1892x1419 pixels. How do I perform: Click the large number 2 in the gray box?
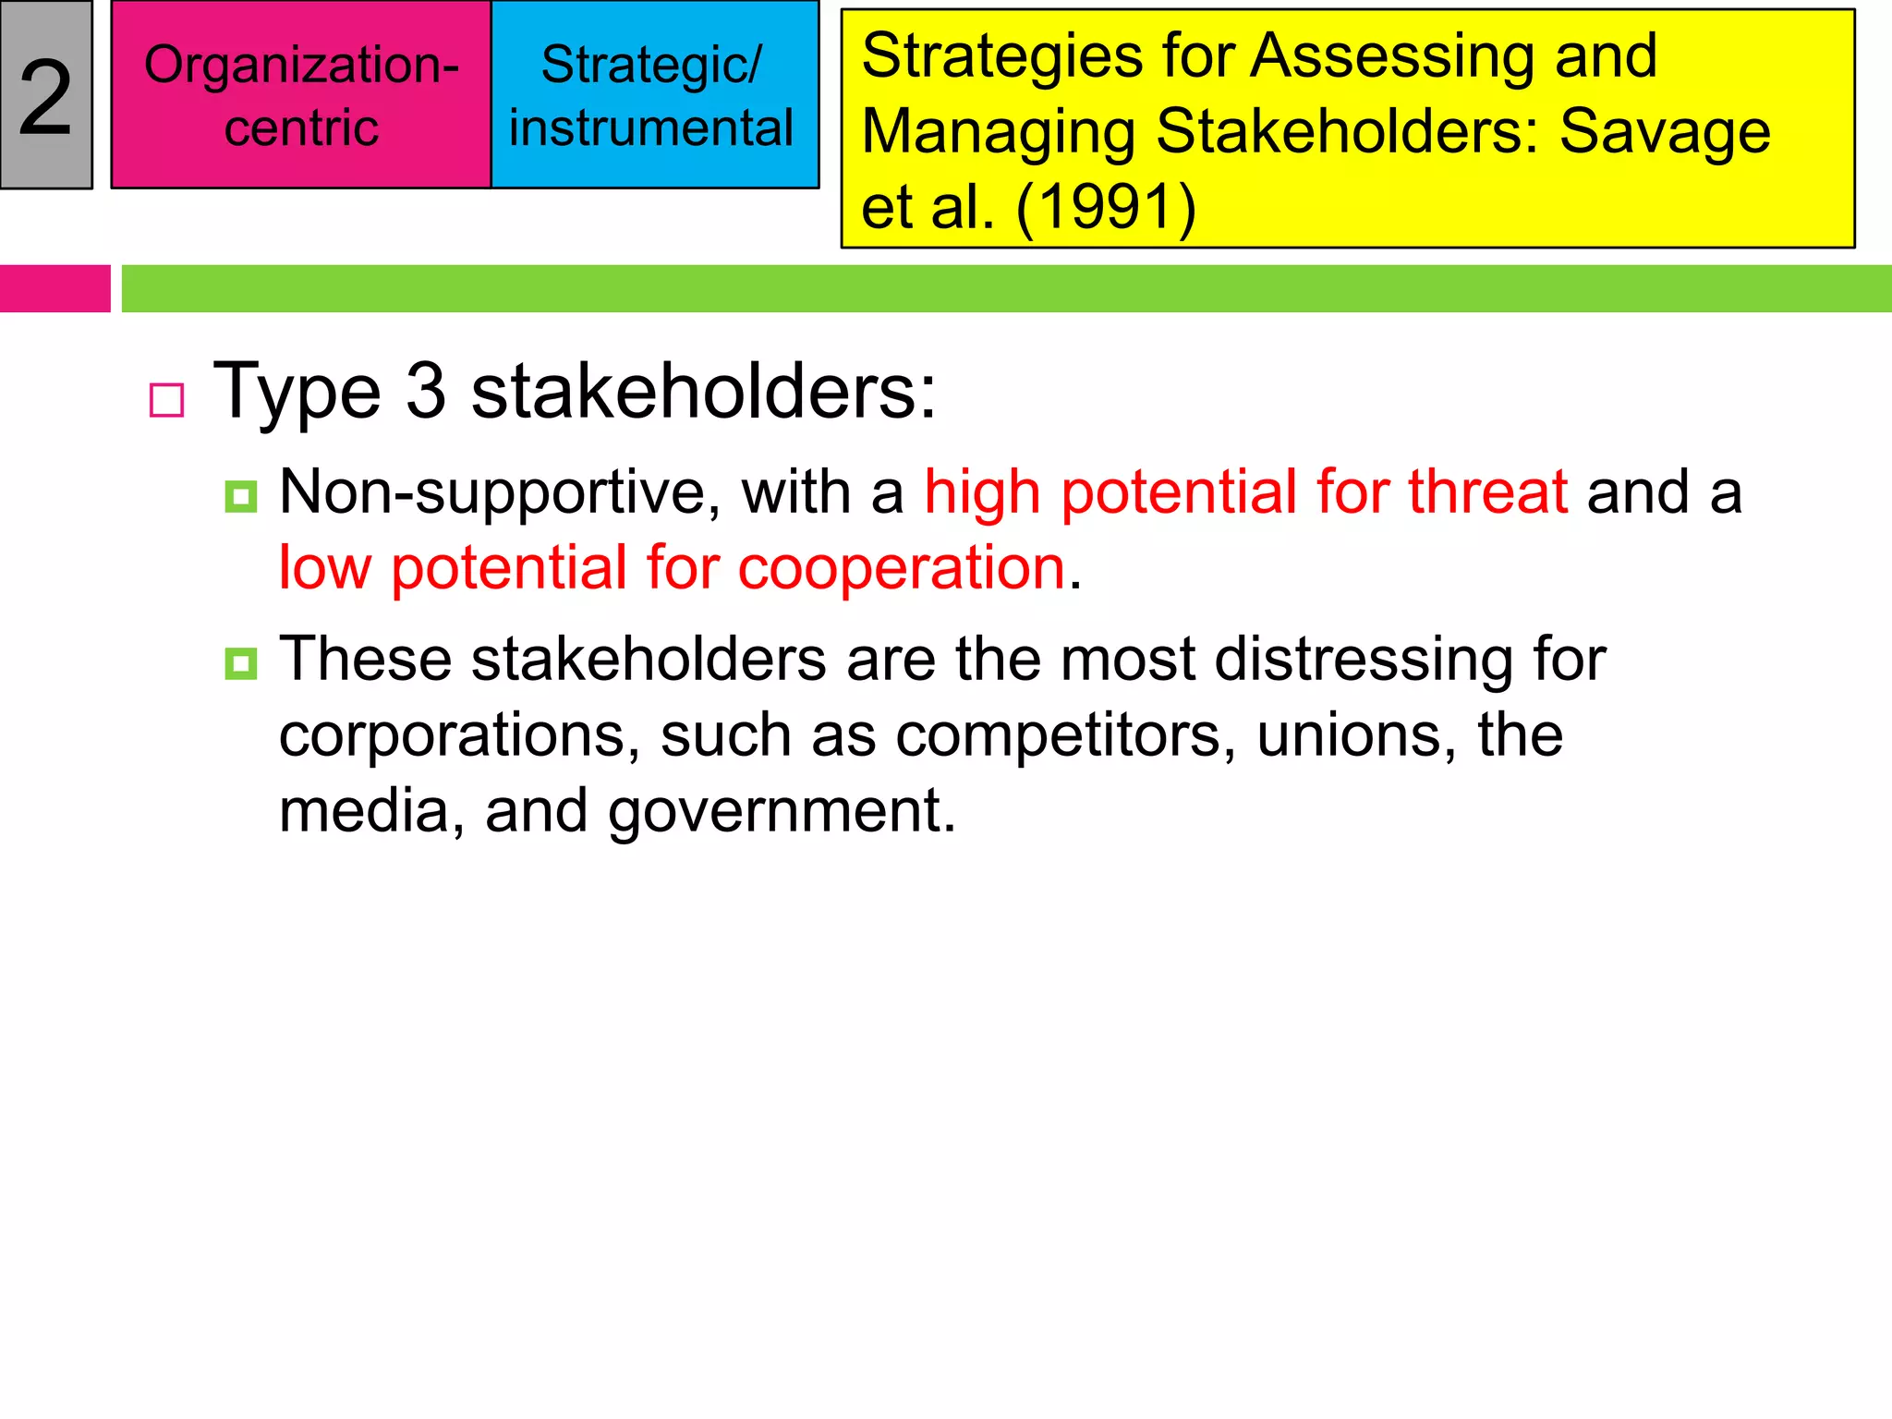point(45,97)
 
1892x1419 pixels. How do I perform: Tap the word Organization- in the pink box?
point(301,66)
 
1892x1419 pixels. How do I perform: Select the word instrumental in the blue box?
point(651,127)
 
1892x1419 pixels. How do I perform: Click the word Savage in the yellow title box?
point(1665,131)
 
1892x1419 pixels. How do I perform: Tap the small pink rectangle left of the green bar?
point(55,288)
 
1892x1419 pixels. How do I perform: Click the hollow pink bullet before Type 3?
point(167,400)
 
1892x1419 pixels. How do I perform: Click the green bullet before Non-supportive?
point(241,496)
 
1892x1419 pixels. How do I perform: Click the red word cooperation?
point(902,567)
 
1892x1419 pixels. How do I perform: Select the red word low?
point(324,567)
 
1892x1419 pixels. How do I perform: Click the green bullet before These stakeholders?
point(241,663)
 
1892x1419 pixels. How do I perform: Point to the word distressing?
point(1364,660)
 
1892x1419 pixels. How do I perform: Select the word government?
point(782,811)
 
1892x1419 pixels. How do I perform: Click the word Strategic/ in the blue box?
point(651,66)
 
